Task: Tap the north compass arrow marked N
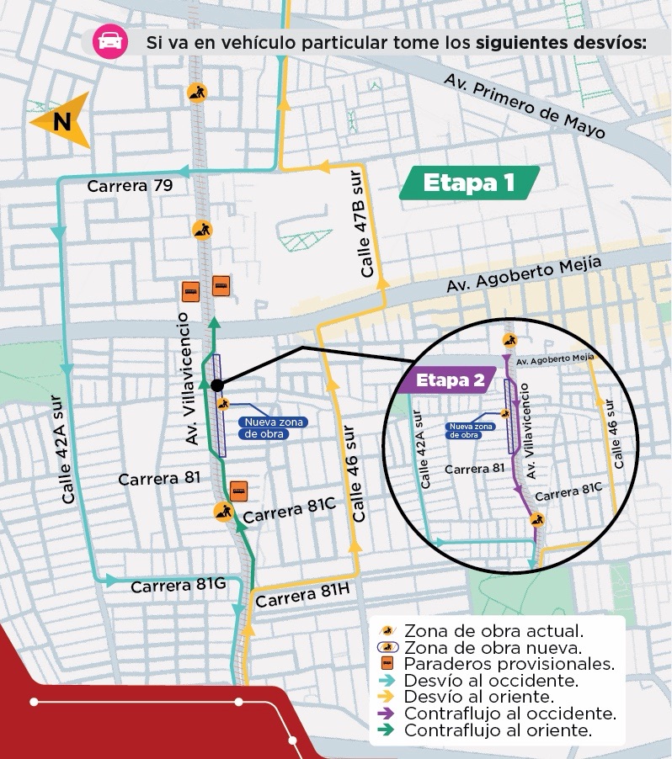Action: [x=61, y=121]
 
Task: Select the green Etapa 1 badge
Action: [x=468, y=183]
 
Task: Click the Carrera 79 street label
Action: [x=131, y=186]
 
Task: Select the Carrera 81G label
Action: [x=178, y=586]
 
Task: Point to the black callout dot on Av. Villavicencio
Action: [x=216, y=385]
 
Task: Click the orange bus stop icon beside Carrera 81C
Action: [x=239, y=490]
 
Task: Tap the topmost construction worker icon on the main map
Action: [x=197, y=92]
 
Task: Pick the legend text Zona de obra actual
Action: [x=493, y=630]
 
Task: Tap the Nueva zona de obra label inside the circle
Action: [x=471, y=430]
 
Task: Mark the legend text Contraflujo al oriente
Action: [x=498, y=730]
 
